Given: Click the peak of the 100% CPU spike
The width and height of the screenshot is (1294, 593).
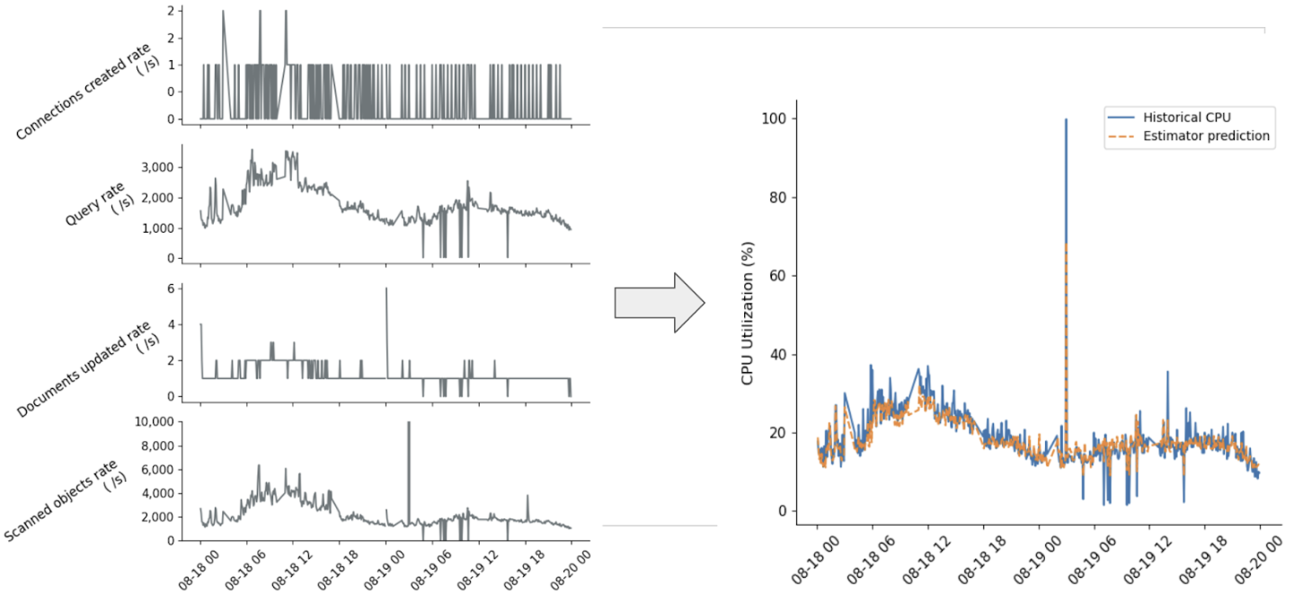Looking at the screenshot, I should click(x=1066, y=119).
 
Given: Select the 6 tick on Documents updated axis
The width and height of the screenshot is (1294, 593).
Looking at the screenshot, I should click(x=172, y=288).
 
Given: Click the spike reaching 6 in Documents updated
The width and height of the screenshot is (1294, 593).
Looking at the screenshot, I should click(x=386, y=289).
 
